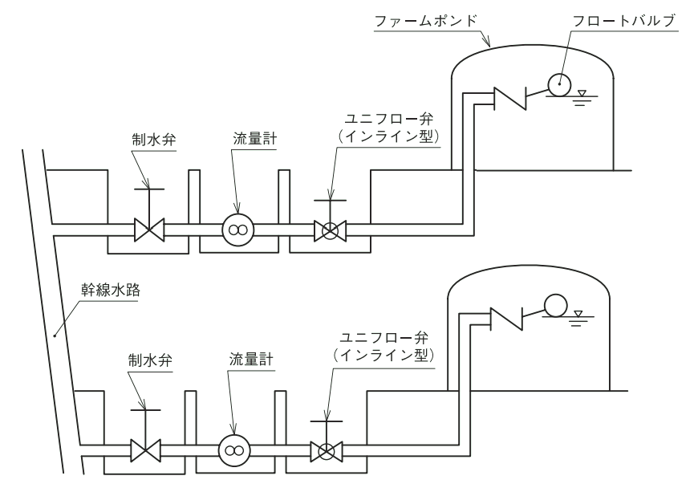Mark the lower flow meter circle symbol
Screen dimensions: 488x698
[233, 450]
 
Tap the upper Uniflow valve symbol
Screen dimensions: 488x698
[329, 232]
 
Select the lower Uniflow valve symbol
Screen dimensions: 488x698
[327, 450]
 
